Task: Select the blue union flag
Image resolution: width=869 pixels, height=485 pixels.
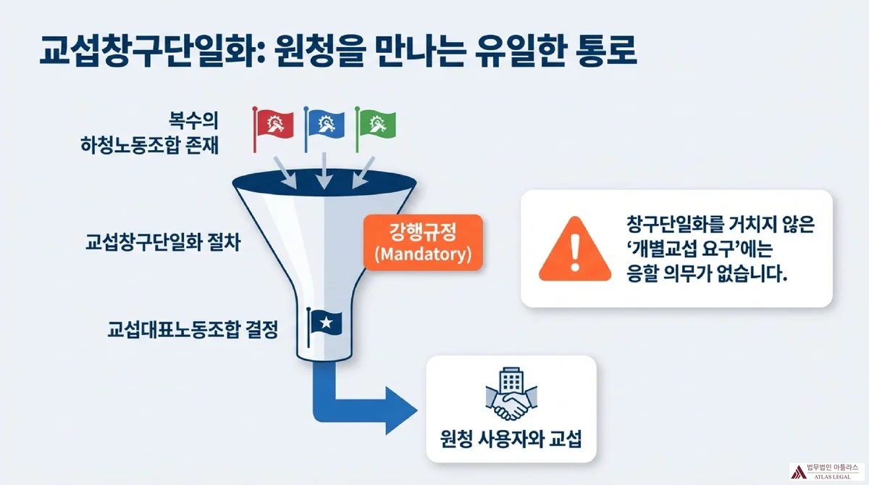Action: tap(324, 124)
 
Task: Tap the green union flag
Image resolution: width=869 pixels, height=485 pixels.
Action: tap(376, 124)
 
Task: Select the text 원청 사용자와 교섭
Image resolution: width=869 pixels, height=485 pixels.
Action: tap(511, 439)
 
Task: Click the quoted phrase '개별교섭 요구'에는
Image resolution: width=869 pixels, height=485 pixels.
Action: tap(694, 250)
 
